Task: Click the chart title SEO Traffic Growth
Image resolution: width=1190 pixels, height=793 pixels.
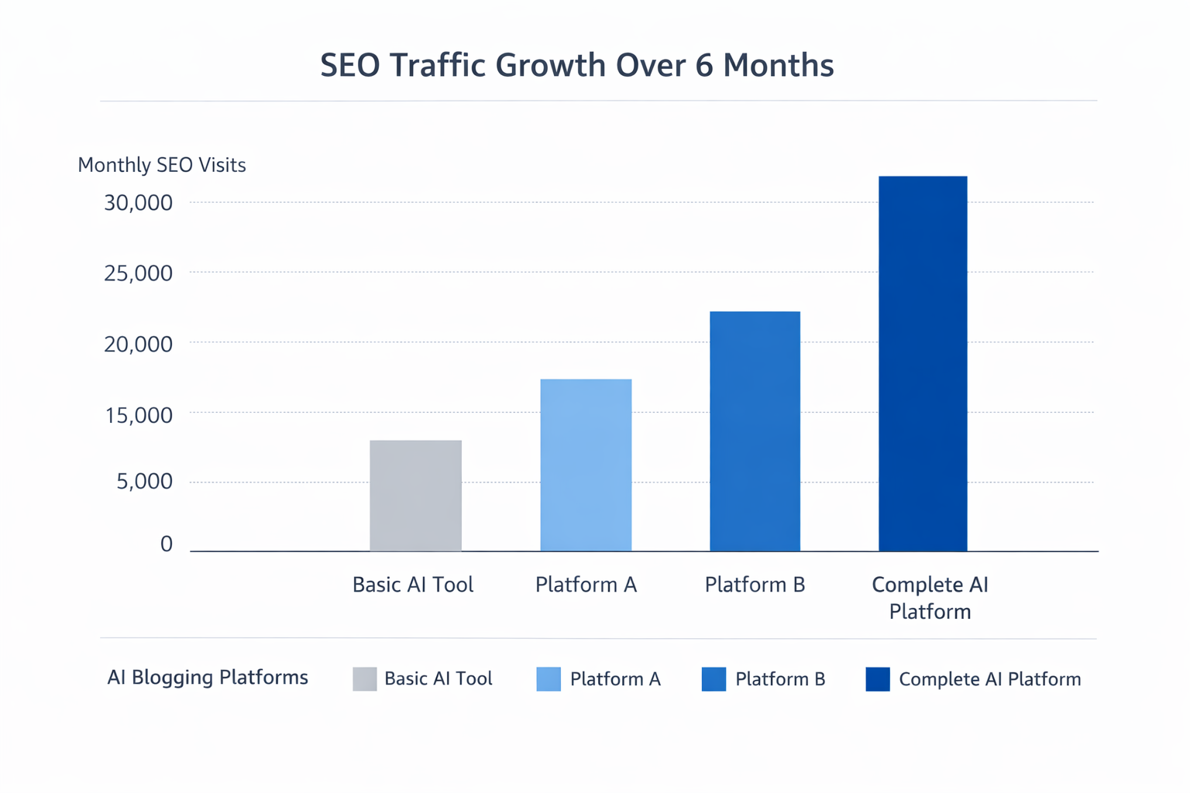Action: pos(576,65)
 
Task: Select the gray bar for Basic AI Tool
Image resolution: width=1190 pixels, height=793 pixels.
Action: pos(415,496)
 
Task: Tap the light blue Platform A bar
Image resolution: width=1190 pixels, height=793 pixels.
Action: pos(586,465)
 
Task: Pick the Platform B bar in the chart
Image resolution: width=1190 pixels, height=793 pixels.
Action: pos(755,431)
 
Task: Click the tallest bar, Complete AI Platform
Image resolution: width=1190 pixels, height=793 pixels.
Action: pos(923,364)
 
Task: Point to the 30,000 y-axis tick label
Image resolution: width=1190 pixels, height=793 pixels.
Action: pos(139,203)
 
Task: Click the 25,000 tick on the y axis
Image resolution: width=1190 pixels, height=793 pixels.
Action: pos(139,273)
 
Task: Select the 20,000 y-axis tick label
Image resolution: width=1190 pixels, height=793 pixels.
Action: pos(139,344)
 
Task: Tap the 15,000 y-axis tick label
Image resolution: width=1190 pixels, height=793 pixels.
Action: pos(139,415)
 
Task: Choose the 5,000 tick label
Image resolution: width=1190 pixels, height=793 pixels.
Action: pos(144,482)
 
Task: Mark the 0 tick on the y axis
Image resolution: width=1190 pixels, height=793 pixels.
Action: pos(167,544)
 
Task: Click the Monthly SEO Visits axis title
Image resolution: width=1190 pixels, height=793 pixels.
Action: pos(162,165)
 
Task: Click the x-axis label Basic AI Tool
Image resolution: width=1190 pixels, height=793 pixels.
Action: pos(413,585)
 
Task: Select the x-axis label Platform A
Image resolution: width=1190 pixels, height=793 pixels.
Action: pos(586,585)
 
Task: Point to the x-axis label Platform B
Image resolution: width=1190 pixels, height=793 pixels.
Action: pos(755,585)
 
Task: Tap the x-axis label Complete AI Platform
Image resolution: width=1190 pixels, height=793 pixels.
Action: pos(930,598)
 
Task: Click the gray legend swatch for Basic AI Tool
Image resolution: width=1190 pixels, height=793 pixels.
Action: pos(365,679)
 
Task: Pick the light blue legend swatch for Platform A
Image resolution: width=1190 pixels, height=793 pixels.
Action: pos(549,679)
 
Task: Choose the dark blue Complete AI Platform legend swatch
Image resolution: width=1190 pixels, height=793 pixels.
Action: pos(878,679)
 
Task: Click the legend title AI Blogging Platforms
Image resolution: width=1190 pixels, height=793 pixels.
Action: pos(208,678)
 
